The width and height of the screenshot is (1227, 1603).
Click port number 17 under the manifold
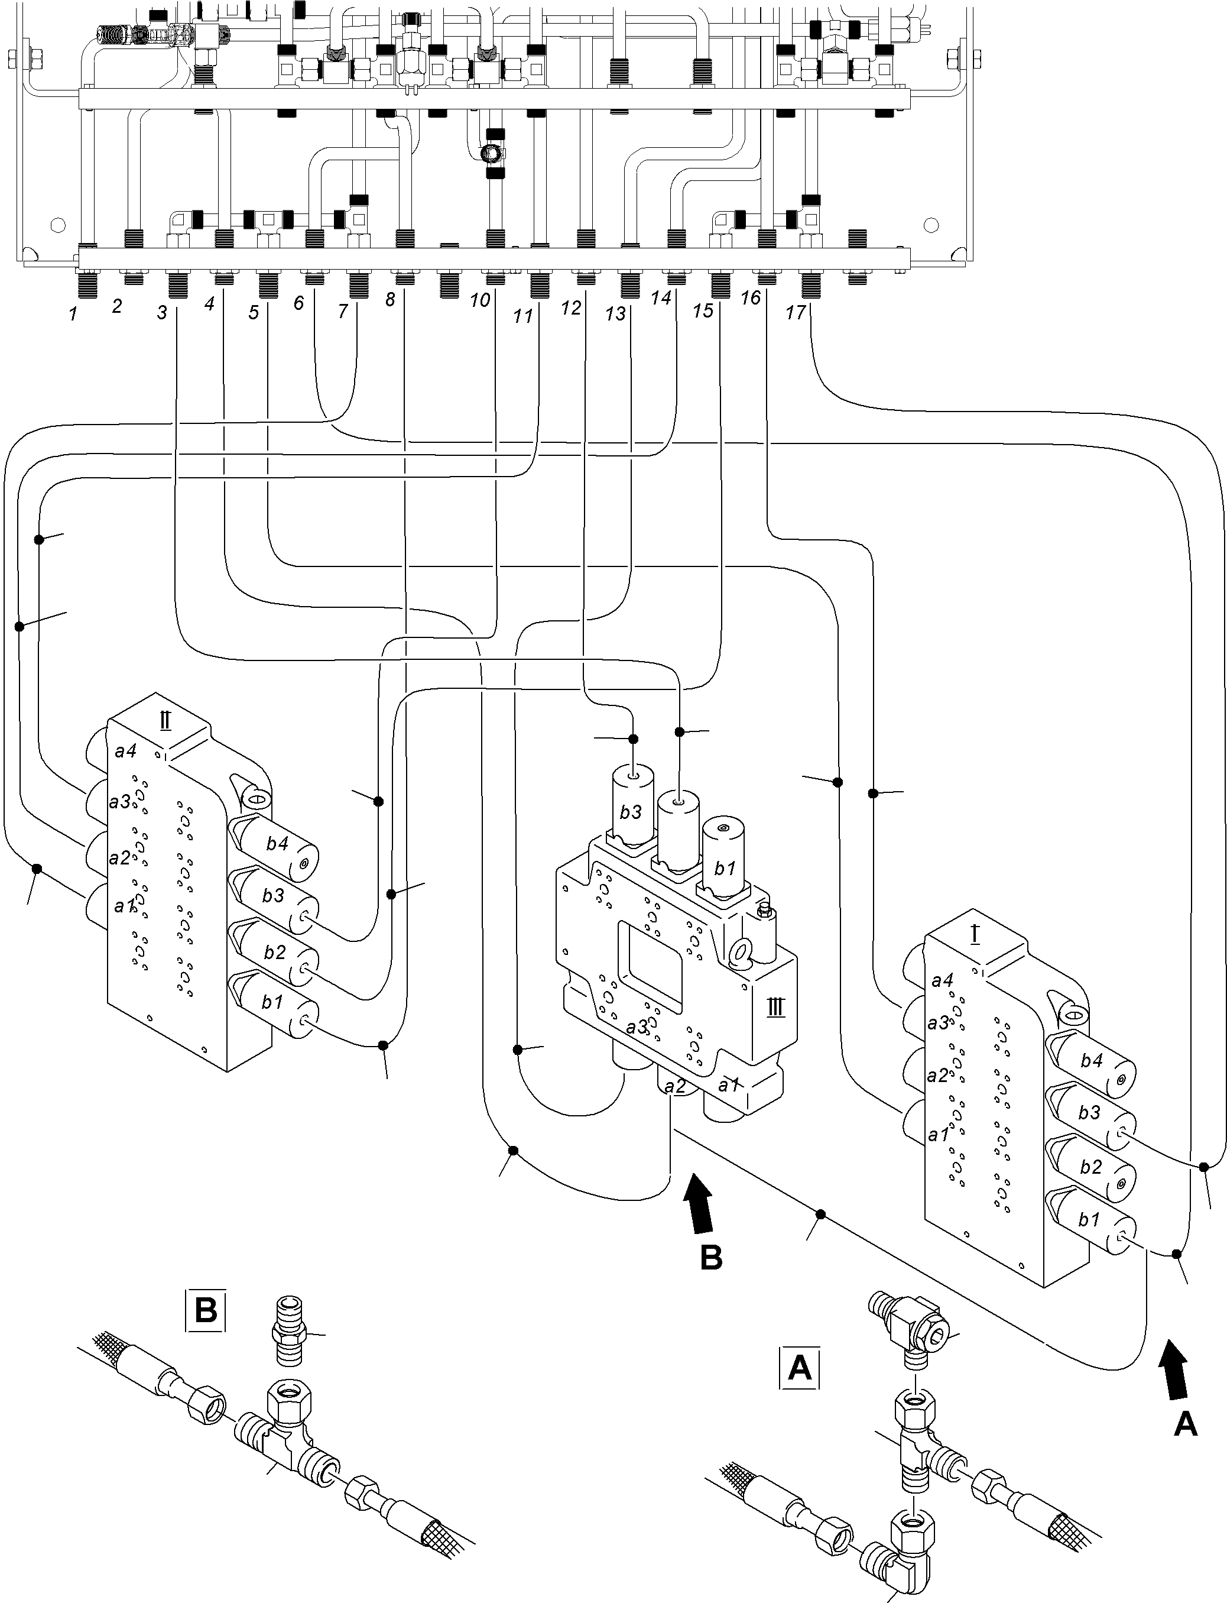tap(796, 313)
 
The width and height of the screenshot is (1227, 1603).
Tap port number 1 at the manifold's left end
tap(73, 314)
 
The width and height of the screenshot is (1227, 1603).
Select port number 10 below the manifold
tap(479, 300)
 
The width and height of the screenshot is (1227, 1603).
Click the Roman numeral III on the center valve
tap(775, 1008)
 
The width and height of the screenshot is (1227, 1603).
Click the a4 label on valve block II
tap(125, 750)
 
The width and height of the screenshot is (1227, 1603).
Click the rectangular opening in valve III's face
tap(650, 960)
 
